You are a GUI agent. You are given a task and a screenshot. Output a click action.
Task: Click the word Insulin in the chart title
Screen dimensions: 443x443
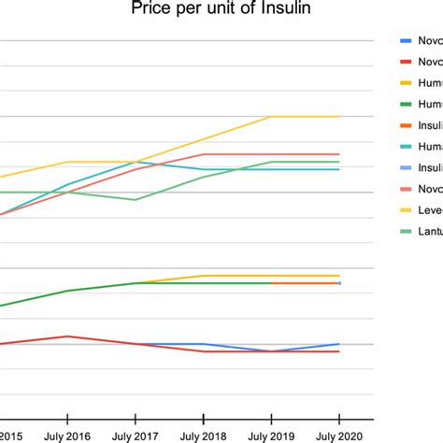pyautogui.click(x=286, y=11)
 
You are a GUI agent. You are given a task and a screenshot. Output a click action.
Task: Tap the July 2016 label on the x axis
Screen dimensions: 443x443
pyautogui.click(x=66, y=435)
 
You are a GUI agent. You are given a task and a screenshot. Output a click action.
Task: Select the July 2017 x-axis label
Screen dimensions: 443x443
pyautogui.click(x=135, y=435)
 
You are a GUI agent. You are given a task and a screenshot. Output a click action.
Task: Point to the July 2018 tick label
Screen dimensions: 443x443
pyautogui.click(x=203, y=435)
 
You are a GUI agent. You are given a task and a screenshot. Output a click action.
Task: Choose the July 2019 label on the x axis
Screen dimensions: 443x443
pyautogui.click(x=271, y=435)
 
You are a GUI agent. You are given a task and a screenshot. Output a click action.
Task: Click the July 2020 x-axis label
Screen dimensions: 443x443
pyautogui.click(x=339, y=435)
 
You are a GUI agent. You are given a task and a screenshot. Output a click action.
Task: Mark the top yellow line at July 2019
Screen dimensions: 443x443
pyautogui.click(x=271, y=117)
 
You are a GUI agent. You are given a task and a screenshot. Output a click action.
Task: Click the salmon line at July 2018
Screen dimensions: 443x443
pyautogui.click(x=203, y=154)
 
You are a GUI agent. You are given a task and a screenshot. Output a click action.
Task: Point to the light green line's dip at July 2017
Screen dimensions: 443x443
pyautogui.click(x=135, y=199)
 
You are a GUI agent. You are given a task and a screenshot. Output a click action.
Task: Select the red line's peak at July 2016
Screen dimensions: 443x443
pyautogui.click(x=66, y=336)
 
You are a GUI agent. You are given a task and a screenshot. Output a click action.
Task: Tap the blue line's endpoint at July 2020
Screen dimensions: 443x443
pyautogui.click(x=339, y=344)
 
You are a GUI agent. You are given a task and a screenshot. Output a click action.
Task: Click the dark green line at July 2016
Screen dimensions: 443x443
pyautogui.click(x=66, y=291)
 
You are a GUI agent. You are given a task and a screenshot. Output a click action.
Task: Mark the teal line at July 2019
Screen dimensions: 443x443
pyautogui.click(x=271, y=169)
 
